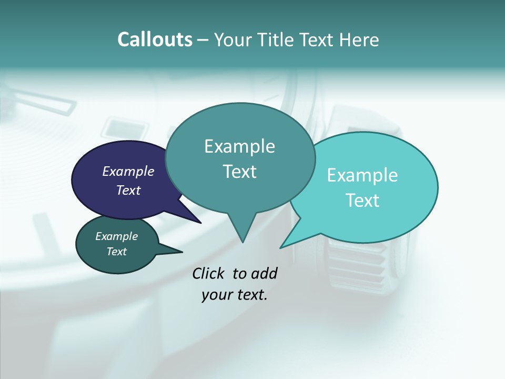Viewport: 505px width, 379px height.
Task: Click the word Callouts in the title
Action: pos(155,39)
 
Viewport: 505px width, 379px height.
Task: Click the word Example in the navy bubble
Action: pos(128,171)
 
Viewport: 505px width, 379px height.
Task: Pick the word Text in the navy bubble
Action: pos(128,190)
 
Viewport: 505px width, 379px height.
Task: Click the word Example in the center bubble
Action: pos(239,146)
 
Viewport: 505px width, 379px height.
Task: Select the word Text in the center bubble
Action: pos(239,172)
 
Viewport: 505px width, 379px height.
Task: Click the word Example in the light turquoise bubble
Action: pos(362,175)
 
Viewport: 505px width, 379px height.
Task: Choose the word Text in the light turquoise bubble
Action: pos(362,201)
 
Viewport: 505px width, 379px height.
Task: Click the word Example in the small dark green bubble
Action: pos(116,236)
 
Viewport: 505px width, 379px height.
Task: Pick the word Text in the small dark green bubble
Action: pos(116,252)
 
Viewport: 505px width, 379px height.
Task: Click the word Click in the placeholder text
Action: pos(209,274)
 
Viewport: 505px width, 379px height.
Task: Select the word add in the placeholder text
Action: pos(264,274)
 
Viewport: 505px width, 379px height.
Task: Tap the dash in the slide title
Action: pos(203,39)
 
